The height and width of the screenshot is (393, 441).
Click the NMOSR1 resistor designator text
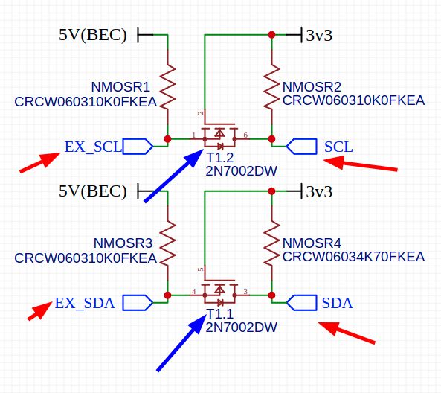[122, 86]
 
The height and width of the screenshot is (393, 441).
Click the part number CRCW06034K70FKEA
[353, 257]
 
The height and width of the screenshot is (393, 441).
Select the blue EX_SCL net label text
[92, 147]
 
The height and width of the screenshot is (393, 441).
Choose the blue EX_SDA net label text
[85, 303]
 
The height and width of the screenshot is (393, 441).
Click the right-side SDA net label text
[337, 303]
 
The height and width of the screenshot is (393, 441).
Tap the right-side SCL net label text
[338, 147]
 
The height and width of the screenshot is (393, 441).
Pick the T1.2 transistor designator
[220, 158]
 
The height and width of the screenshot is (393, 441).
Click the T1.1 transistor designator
[220, 315]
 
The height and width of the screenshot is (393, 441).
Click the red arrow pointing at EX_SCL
[39, 163]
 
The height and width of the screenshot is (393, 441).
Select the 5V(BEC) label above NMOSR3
[93, 191]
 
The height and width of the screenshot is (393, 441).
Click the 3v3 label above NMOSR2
[318, 35]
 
